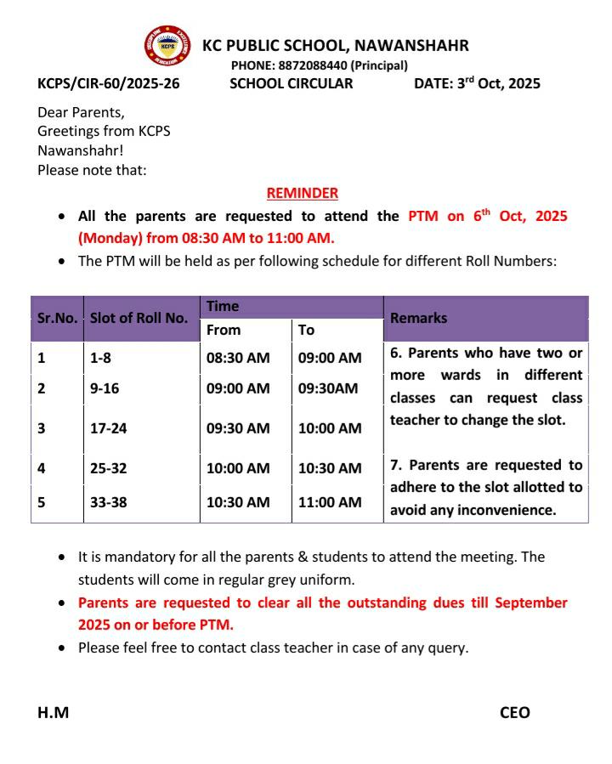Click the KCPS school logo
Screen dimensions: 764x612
(167, 46)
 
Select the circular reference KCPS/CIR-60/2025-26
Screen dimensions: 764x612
(108, 84)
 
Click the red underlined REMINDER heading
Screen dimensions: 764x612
(303, 193)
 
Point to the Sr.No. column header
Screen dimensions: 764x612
(57, 319)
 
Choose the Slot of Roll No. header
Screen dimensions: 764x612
(139, 319)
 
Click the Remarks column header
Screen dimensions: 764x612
(418, 319)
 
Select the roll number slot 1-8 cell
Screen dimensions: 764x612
(100, 358)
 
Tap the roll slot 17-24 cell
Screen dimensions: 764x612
(108, 428)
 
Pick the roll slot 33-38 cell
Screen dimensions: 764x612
(108, 502)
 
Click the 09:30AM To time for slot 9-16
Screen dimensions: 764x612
(328, 388)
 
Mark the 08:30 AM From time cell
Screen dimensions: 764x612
(238, 358)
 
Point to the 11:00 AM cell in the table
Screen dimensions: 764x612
(330, 502)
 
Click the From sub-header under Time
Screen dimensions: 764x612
(224, 330)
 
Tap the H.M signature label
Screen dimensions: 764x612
(54, 713)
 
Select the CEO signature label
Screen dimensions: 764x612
(514, 713)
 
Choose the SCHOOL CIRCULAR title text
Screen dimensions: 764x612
(291, 84)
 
